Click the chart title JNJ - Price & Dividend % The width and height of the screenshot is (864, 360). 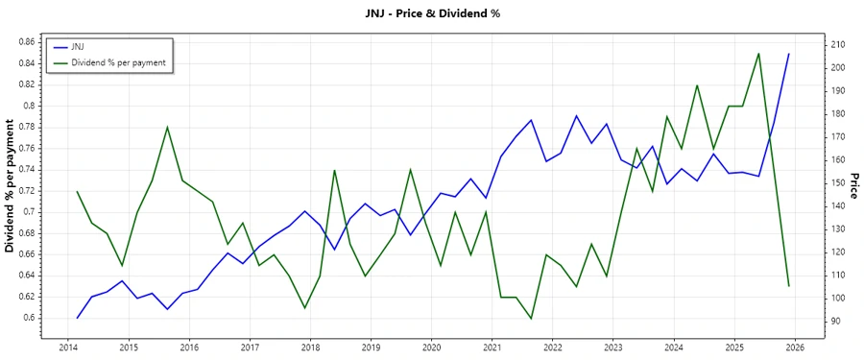(431, 13)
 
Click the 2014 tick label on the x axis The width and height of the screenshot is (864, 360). (68, 347)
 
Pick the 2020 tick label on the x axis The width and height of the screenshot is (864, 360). (431, 347)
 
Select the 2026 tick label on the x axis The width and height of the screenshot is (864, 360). (794, 347)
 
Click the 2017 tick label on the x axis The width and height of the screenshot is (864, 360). (250, 347)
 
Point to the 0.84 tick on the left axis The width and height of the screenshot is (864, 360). (26, 63)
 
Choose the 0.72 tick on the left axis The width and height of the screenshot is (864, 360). (26, 191)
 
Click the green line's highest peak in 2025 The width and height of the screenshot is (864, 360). (758, 54)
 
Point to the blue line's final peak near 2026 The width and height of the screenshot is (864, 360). (789, 54)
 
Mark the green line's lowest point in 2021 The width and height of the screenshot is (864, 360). (531, 319)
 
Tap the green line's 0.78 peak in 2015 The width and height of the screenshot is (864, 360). (168, 127)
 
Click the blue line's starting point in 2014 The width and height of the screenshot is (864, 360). (78, 318)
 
